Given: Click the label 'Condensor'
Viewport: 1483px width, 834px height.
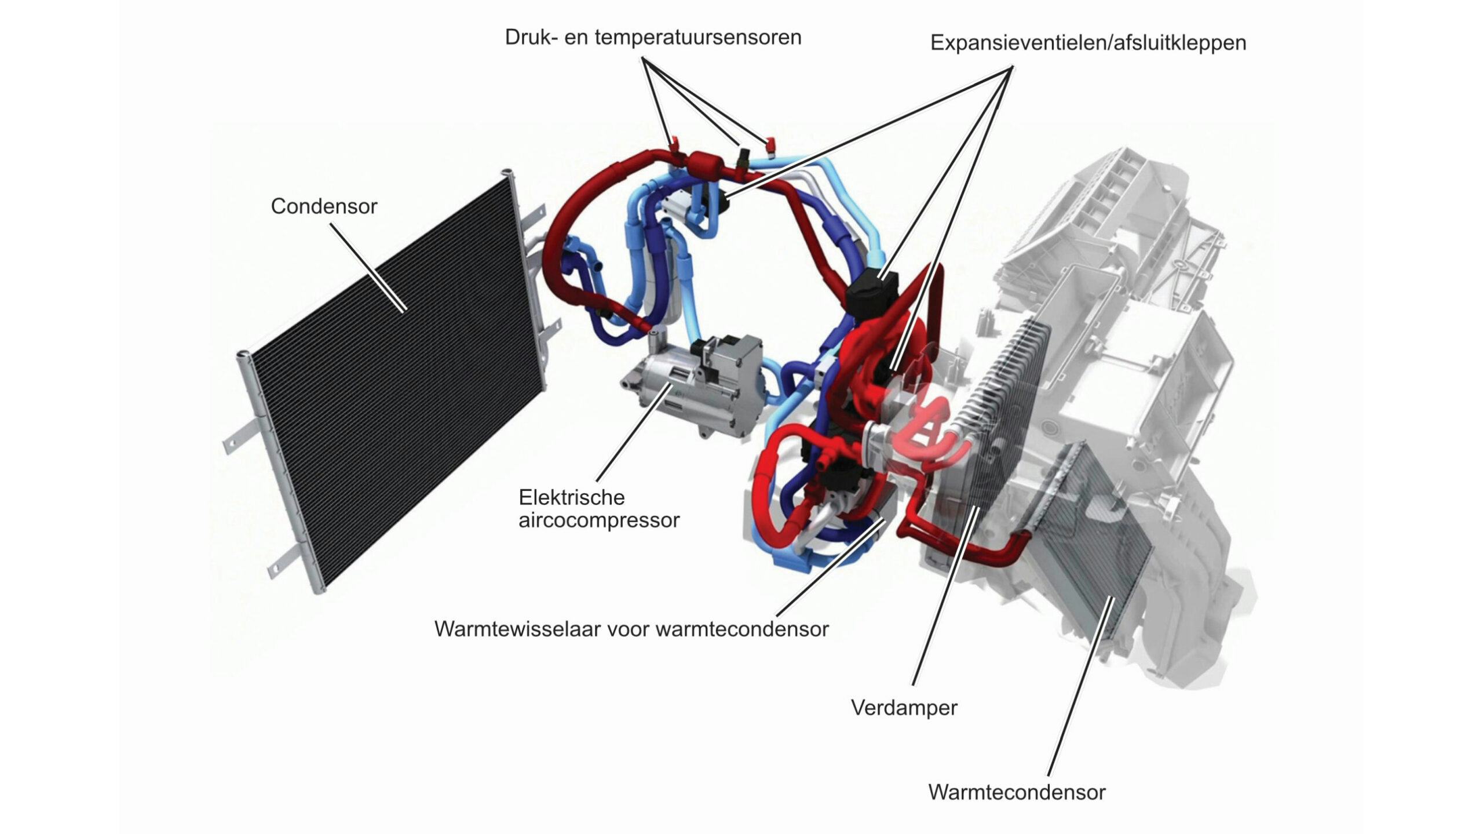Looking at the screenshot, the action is click(324, 206).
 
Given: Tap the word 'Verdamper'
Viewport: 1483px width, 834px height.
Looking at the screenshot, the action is click(904, 708).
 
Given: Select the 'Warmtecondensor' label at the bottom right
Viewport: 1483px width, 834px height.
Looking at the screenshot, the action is click(1017, 792).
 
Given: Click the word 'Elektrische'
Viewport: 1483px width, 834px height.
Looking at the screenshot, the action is click(572, 497).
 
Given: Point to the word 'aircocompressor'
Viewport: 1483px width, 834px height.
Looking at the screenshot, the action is click(599, 520).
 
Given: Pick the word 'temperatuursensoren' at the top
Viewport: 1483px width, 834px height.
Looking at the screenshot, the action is click(698, 37).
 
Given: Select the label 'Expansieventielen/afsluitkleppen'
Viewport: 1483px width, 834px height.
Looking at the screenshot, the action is click(1088, 43).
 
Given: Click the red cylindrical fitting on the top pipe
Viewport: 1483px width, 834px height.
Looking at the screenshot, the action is click(705, 161).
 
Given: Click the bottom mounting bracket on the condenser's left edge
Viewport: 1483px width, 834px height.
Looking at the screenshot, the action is click(280, 562).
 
